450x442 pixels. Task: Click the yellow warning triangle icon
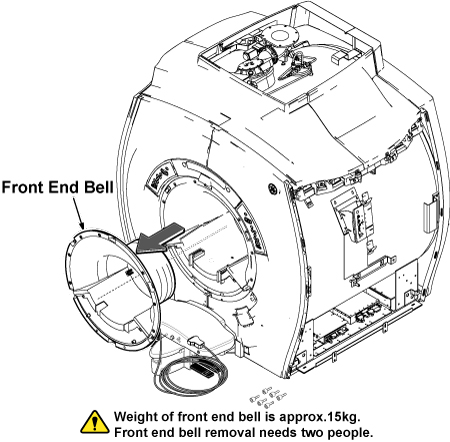click(x=95, y=423)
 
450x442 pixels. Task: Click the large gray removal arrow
click(x=160, y=238)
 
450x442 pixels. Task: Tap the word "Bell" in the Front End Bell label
click(x=99, y=187)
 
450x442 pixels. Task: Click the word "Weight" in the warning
click(x=136, y=417)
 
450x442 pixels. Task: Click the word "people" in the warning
click(x=348, y=433)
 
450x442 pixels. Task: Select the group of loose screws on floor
click(x=268, y=397)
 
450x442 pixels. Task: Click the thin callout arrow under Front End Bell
click(x=78, y=213)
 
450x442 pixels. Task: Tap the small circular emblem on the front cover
click(x=273, y=189)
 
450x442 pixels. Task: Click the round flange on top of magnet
click(x=279, y=35)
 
